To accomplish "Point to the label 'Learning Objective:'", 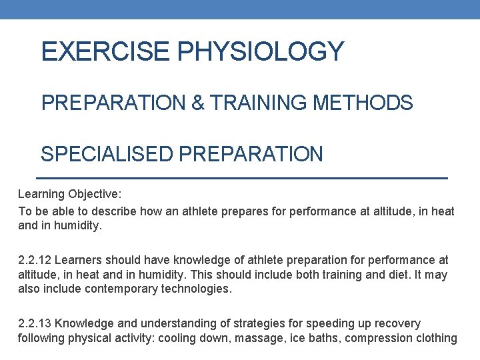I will pos(69,194).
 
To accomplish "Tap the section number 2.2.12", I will pos(36,259).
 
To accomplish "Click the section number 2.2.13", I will pos(36,323).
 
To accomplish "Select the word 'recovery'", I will pos(398,323).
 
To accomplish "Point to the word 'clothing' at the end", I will pos(437,338).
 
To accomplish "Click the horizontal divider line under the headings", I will pos(240,179).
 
